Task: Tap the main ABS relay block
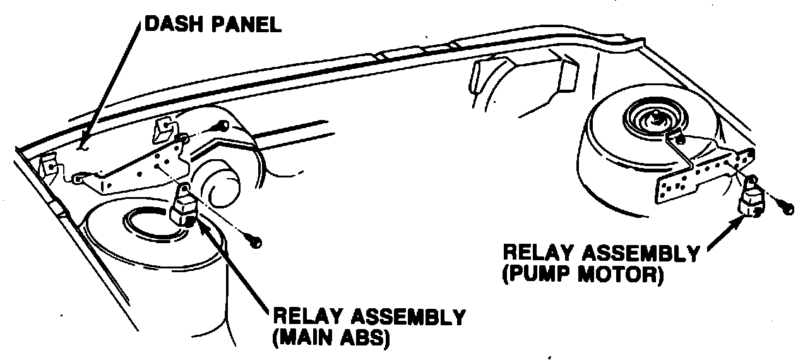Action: [185, 208]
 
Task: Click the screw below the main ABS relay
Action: [255, 242]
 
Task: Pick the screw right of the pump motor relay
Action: [786, 208]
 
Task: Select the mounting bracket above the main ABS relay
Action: [139, 171]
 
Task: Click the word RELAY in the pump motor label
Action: [537, 254]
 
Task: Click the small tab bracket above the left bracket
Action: [163, 129]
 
